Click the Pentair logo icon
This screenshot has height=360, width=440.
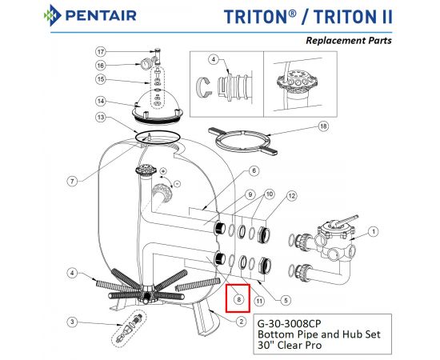(x=52, y=15)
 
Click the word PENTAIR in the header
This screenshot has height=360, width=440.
(x=101, y=16)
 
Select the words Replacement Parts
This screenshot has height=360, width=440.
(x=349, y=41)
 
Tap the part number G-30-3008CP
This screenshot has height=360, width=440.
(x=289, y=323)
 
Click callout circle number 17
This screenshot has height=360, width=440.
(x=101, y=52)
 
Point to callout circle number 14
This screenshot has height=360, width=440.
(x=101, y=101)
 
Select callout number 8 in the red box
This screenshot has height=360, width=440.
(x=239, y=300)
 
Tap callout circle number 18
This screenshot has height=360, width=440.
(x=323, y=126)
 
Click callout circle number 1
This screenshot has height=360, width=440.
(x=374, y=232)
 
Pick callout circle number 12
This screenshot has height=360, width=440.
(x=291, y=195)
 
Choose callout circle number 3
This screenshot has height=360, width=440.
(x=72, y=322)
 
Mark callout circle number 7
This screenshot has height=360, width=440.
(x=72, y=181)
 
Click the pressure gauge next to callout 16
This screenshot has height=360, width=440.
(x=146, y=65)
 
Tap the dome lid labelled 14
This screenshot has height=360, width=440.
(x=158, y=108)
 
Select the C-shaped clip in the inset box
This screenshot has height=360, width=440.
(x=202, y=87)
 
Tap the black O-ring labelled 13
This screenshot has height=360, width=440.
(x=158, y=138)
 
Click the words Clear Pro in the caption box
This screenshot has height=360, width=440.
(x=299, y=345)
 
